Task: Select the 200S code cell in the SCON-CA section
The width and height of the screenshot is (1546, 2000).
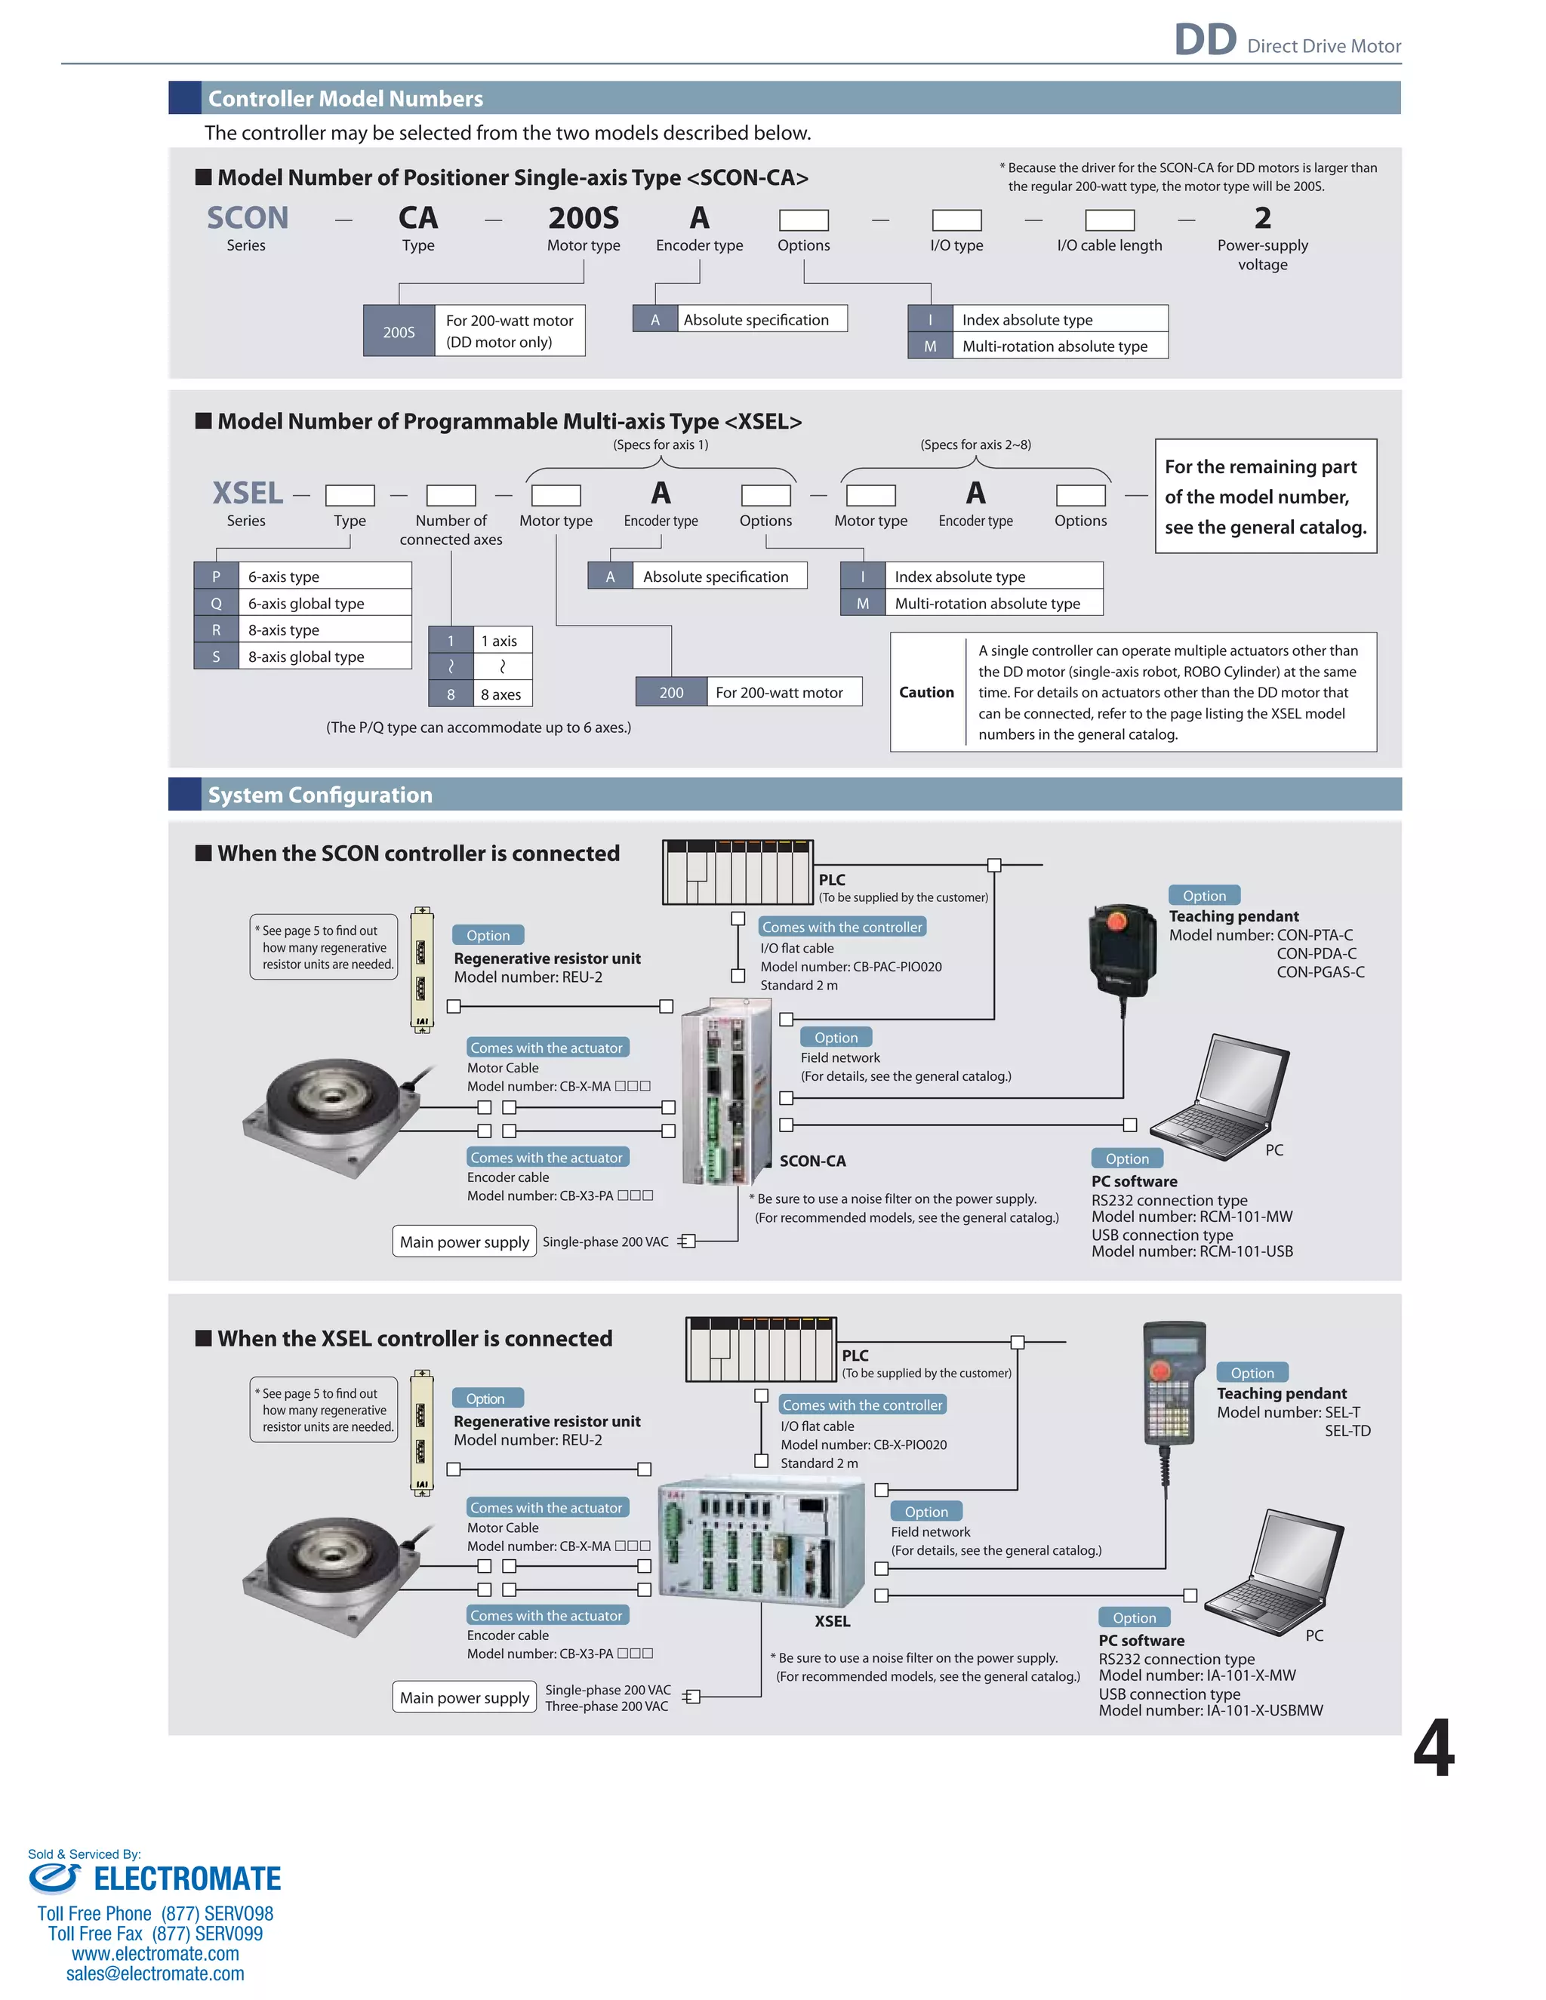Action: (x=399, y=331)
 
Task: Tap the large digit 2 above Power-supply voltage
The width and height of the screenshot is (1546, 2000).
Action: (x=1262, y=218)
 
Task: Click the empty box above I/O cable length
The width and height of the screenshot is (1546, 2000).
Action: (x=1109, y=220)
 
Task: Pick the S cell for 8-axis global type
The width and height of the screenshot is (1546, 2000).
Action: (x=216, y=657)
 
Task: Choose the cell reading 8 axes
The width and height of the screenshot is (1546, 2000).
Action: (x=501, y=694)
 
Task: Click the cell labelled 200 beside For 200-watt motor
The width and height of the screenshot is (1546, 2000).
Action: (x=671, y=692)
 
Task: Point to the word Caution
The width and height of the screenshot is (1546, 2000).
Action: (x=926, y=692)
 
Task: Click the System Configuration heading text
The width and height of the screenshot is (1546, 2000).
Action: (x=319, y=795)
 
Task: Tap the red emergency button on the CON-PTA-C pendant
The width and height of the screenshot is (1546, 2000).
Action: (x=1116, y=918)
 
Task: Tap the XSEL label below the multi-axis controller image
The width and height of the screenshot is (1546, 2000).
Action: (x=833, y=1621)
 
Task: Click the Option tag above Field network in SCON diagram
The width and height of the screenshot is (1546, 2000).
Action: (x=836, y=1038)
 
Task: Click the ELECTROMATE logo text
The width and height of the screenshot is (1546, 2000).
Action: (x=187, y=1879)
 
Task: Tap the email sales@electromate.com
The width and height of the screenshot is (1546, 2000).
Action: (x=155, y=1974)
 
